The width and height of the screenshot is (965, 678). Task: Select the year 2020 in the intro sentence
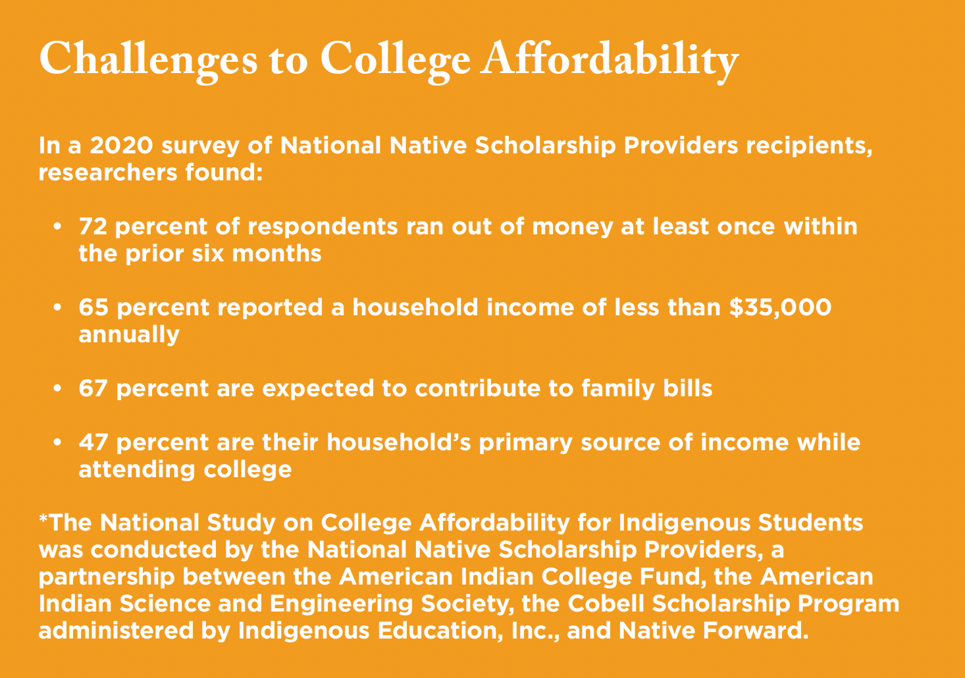122,145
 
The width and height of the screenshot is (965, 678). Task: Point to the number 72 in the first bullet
93,226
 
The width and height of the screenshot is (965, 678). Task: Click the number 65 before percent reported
93,307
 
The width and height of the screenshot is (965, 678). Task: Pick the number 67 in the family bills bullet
93,388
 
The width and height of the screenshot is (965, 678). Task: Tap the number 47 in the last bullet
93,442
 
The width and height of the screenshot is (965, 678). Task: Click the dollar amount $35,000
781,307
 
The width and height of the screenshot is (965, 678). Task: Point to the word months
276,253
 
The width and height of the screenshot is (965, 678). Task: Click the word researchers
108,172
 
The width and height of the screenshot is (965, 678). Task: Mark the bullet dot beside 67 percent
58,388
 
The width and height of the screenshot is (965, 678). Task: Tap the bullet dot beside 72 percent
58,226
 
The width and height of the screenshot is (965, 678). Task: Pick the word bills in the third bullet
688,388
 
